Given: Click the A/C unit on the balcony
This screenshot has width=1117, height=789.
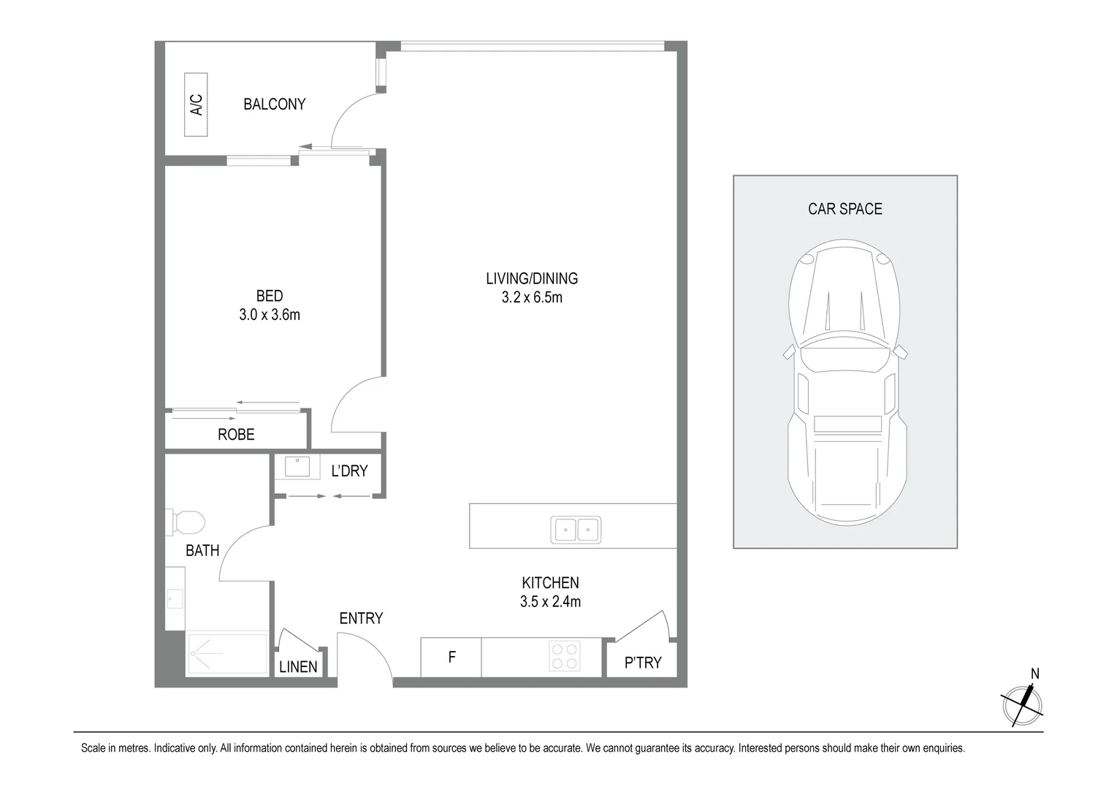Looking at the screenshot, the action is coord(196,104).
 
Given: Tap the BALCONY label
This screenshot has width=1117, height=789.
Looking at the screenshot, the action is coord(274,104).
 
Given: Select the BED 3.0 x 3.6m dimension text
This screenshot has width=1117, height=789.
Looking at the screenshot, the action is coord(270,315).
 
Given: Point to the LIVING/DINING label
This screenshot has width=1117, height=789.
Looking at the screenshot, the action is coord(532,278).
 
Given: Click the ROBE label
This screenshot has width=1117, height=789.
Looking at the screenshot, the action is coord(236,435).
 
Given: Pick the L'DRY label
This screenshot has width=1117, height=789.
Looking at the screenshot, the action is coord(349,470).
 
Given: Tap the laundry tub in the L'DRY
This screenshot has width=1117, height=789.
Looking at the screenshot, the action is coord(297,467).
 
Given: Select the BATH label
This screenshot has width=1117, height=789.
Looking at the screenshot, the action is coord(202,551).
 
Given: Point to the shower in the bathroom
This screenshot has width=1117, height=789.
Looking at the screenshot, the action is coord(227,653).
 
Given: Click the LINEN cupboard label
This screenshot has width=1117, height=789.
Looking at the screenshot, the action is coord(298,667).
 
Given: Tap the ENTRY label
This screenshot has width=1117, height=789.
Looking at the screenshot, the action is coord(361,619).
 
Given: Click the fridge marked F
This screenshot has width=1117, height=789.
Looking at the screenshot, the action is coord(451,657).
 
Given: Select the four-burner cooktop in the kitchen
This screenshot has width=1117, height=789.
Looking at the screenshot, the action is coord(565,656).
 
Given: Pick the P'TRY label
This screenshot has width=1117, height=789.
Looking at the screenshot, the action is coord(643,663).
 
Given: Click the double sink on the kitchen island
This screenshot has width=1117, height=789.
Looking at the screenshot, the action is coord(576,530).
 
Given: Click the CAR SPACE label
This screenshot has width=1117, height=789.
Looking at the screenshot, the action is coord(845,209).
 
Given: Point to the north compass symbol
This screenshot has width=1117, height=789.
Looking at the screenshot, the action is coord(1022,704).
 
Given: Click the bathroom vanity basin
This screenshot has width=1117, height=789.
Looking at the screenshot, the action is coord(175,598).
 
